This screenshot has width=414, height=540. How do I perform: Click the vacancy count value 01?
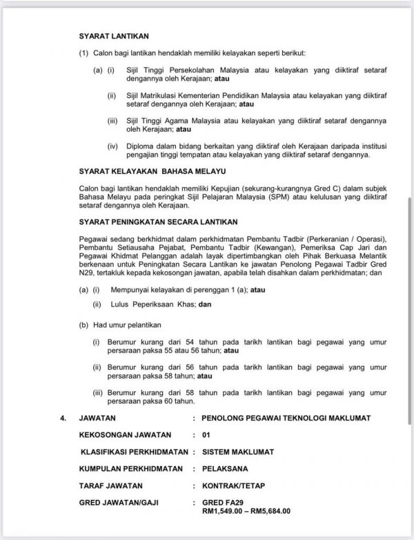tap(206, 435)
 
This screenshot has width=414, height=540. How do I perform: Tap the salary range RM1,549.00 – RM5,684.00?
tap(245, 512)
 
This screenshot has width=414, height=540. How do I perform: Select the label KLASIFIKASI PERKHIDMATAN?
tap(135, 452)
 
